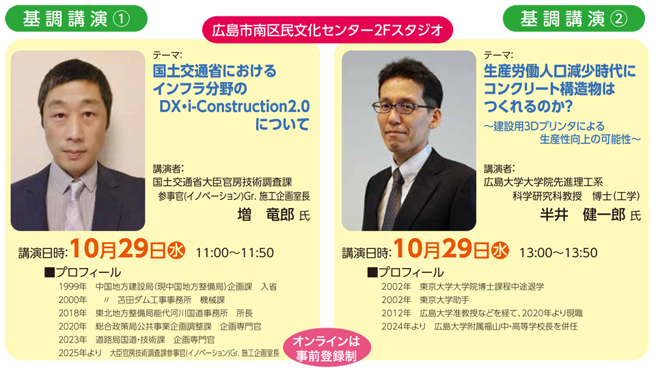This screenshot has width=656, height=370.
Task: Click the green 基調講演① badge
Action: [77, 18]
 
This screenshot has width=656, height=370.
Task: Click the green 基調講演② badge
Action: [574, 18]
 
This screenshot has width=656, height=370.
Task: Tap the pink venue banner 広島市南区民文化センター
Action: [328, 30]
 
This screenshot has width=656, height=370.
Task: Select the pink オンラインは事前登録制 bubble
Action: [327, 348]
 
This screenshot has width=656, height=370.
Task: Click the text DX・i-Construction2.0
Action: [234, 107]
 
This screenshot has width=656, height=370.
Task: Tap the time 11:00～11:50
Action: [234, 252]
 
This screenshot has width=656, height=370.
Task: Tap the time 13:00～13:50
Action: [558, 252]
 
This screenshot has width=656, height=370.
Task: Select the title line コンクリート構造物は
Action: [549, 90]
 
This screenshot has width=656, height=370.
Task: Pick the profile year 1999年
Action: [73, 287]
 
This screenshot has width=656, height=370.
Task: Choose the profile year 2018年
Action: [73, 313]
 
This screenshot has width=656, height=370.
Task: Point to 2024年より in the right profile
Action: [402, 326]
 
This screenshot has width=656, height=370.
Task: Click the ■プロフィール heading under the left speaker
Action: [82, 272]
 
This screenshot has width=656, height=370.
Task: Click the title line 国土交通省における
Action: [215, 71]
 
